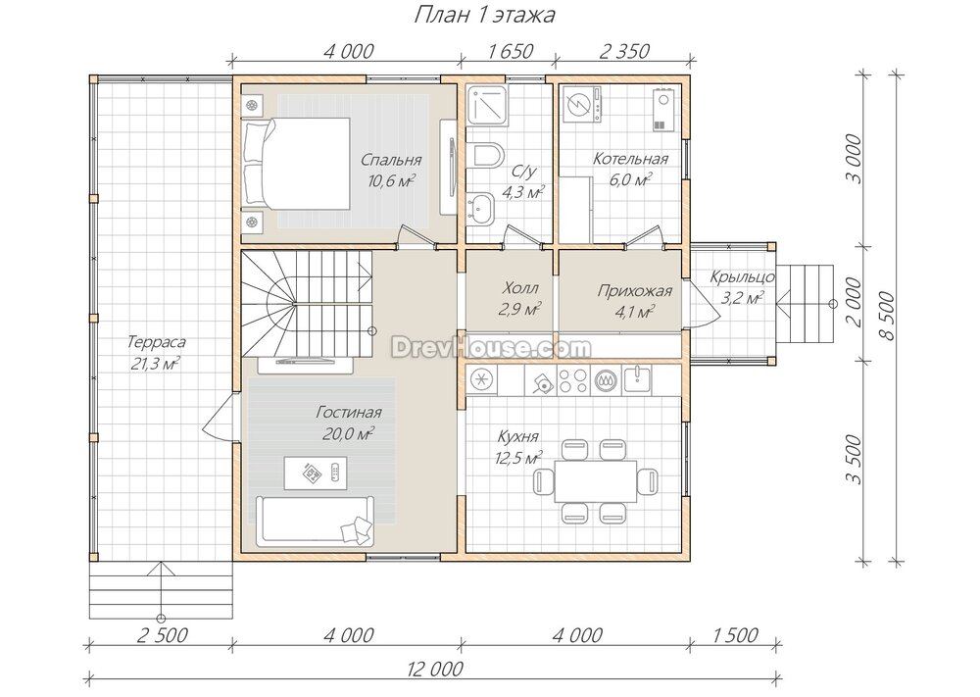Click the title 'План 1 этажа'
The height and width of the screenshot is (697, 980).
pos(484,15)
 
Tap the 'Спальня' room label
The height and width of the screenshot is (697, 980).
pos(391,160)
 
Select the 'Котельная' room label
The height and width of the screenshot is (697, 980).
pos(630,159)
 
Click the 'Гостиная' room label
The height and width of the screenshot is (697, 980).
pos(348,413)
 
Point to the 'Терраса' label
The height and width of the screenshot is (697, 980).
pos(156,342)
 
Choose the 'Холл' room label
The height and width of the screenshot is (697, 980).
pos(520,288)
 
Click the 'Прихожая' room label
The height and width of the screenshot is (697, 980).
pos(634,291)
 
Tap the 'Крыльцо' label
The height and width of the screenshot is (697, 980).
pos(743,276)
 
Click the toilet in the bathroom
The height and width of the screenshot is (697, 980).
pos(486,156)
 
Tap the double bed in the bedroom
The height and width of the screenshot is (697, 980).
pos(297,163)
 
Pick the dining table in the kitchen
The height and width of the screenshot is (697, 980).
pos(596,481)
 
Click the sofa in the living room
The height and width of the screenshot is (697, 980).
pos(315,522)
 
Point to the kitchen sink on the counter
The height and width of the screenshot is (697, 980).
pos(637,379)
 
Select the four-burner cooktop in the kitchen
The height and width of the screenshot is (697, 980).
pos(572,380)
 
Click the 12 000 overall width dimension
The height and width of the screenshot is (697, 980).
pos(435,669)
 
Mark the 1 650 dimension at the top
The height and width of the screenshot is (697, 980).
pos(508,51)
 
